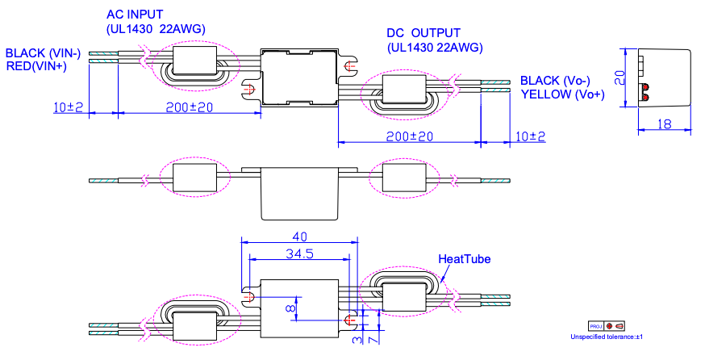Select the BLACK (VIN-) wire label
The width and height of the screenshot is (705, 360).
(44, 53)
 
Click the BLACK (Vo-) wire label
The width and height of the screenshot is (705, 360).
(556, 81)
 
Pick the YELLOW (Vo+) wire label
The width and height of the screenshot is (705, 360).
(562, 94)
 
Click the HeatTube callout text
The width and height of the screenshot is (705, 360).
(464, 259)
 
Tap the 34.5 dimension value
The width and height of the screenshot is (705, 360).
(298, 253)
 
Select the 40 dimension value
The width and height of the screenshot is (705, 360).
(298, 237)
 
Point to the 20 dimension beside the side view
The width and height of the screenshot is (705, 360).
(620, 77)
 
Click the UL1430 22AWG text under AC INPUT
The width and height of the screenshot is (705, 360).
(156, 29)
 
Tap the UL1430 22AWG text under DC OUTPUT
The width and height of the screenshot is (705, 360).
(435, 47)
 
